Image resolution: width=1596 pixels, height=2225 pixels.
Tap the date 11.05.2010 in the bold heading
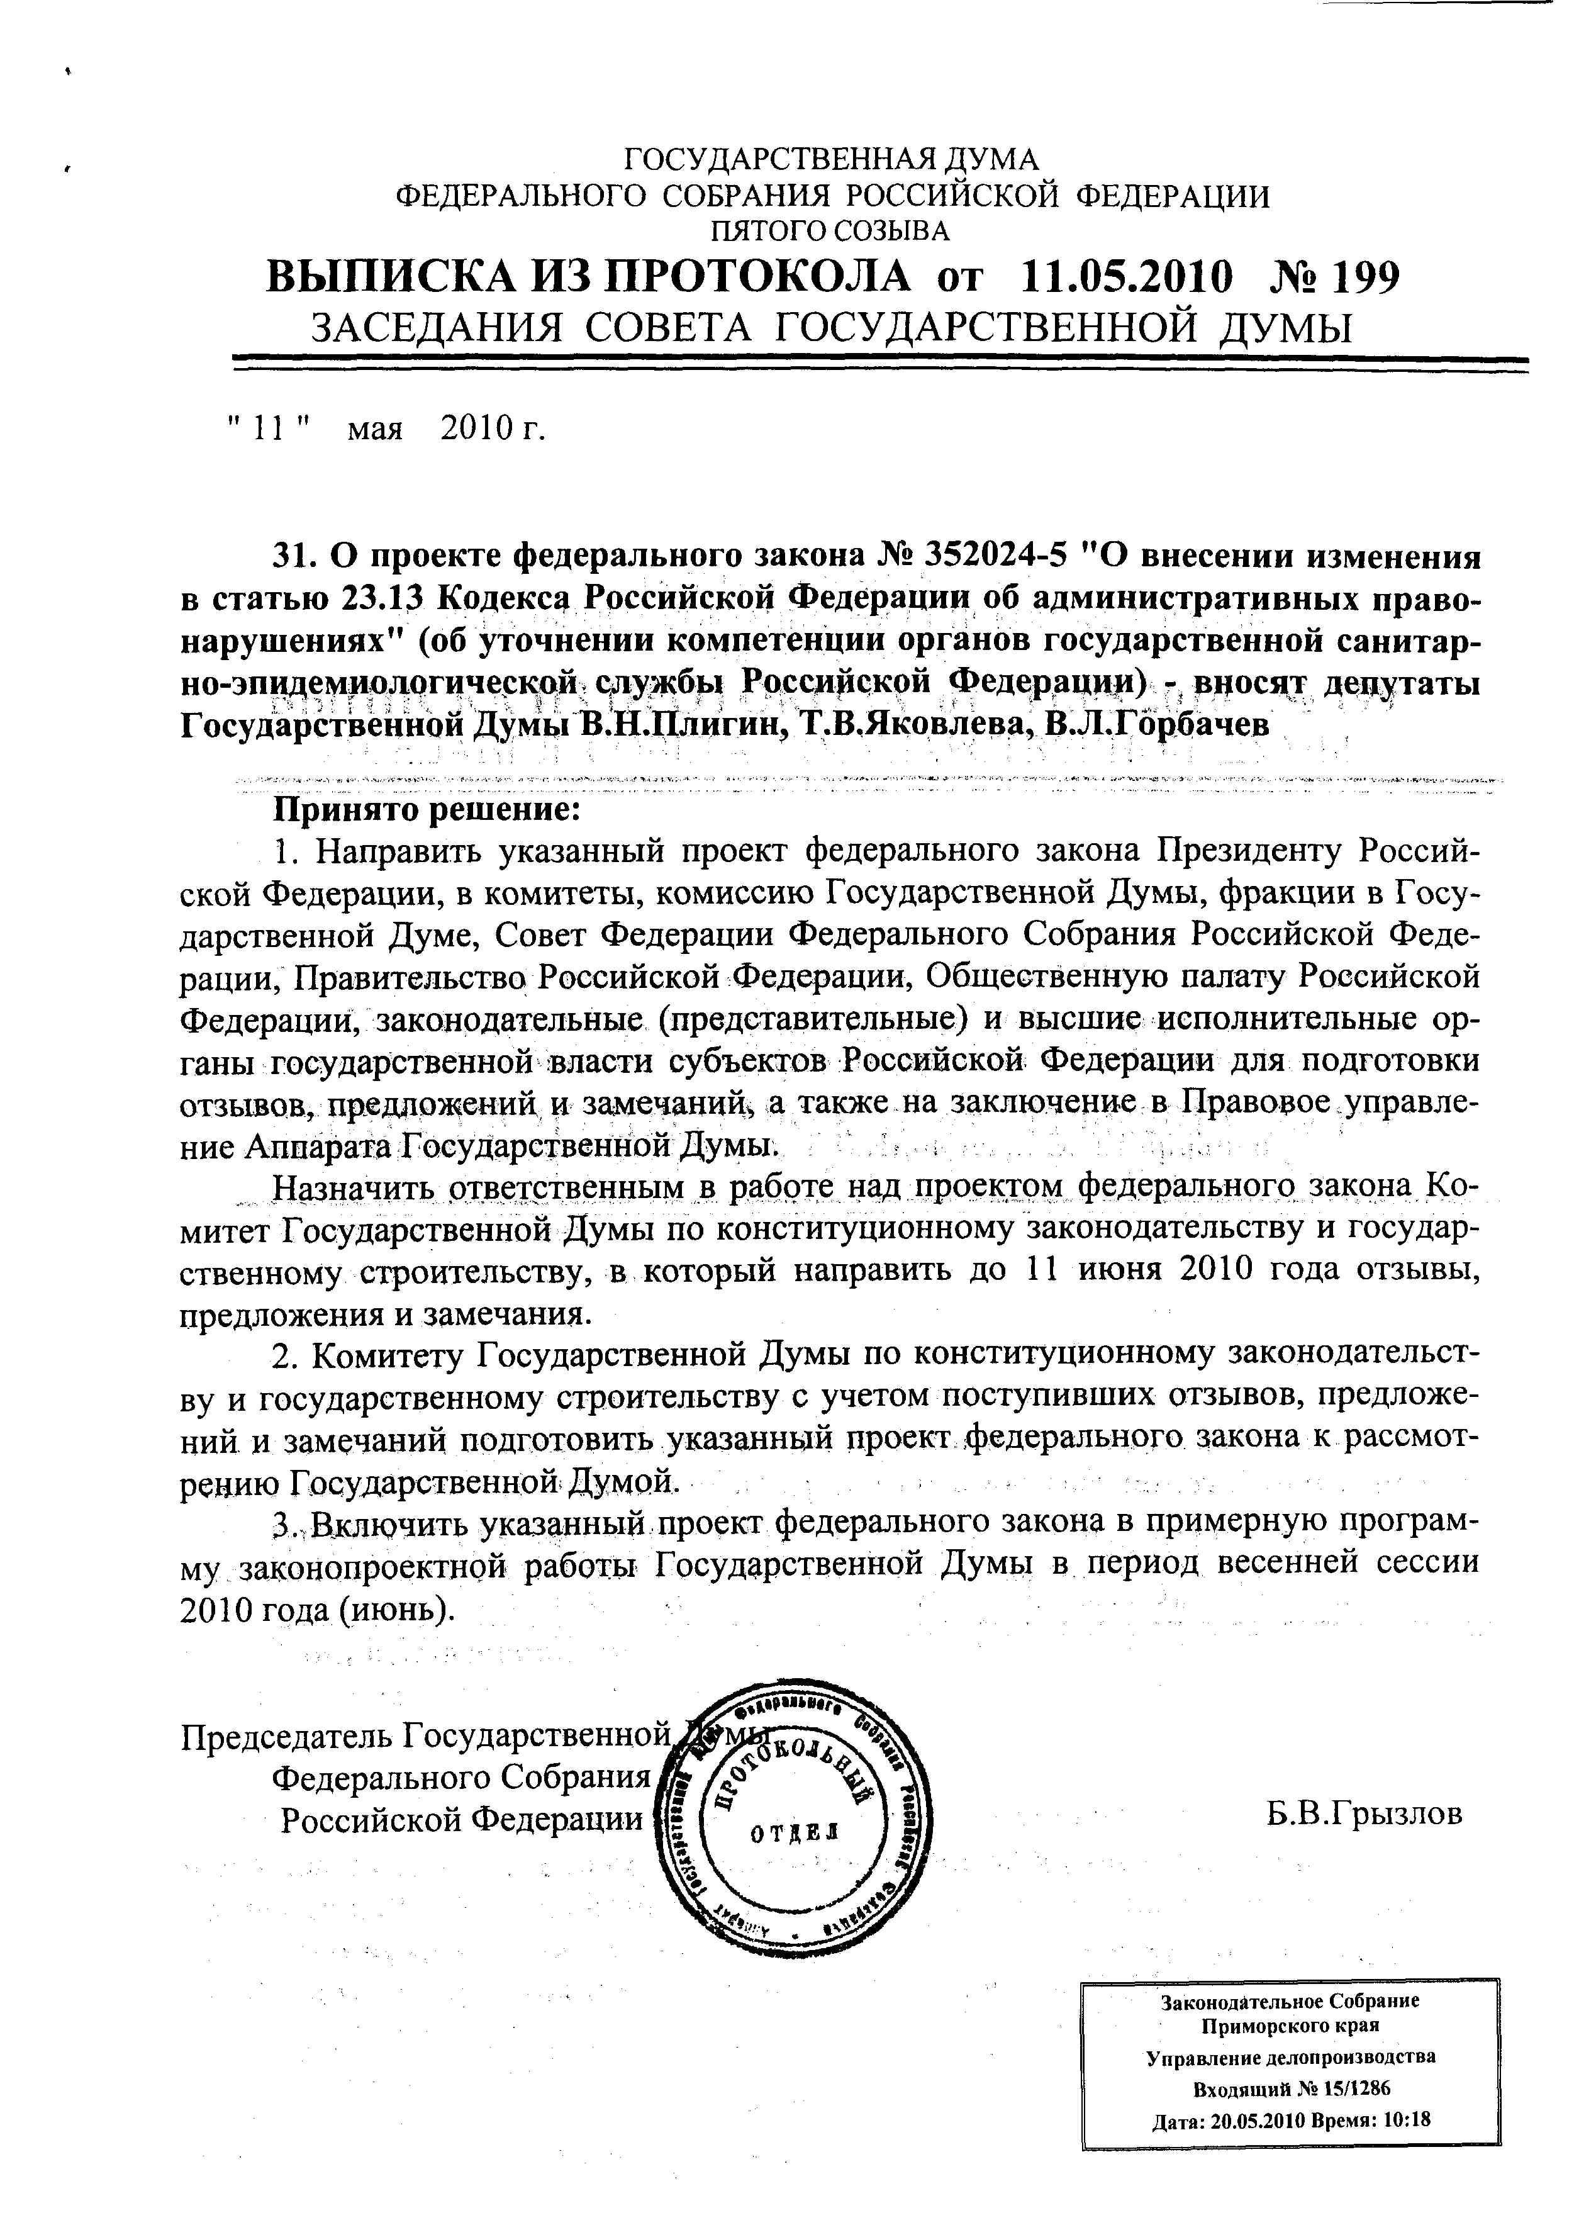(1126, 279)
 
